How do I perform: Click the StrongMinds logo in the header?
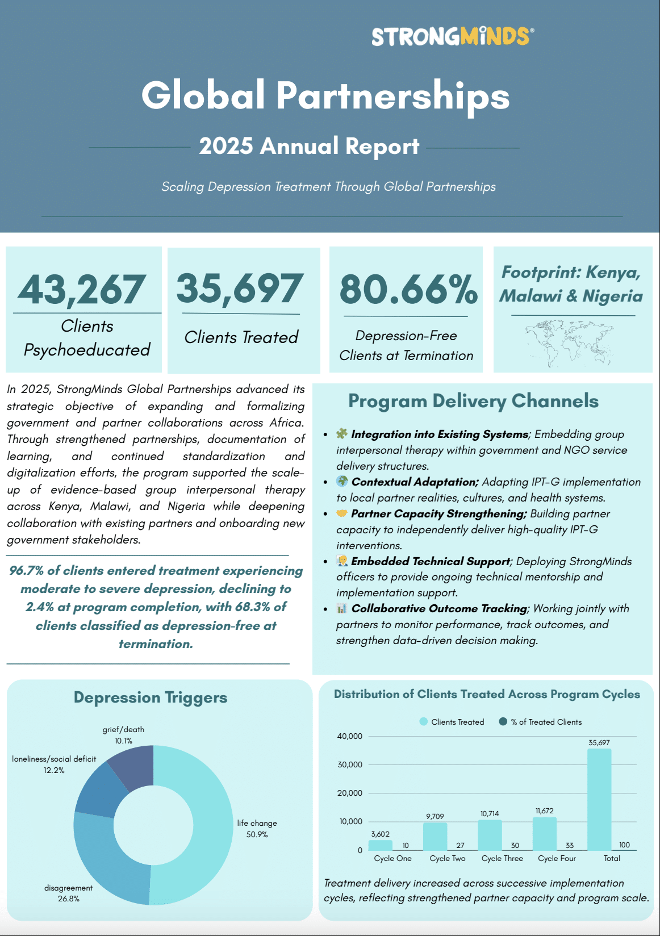452,36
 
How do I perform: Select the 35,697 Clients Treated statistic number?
240,288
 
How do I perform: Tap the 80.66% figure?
408,289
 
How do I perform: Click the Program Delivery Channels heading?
473,401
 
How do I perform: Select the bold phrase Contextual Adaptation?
415,482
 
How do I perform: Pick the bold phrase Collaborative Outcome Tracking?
439,608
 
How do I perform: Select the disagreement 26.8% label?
68,893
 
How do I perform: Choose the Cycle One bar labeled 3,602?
380,845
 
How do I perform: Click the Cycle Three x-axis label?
502,858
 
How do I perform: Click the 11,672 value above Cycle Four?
544,810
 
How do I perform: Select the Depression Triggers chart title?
151,697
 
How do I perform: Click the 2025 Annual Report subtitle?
309,146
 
